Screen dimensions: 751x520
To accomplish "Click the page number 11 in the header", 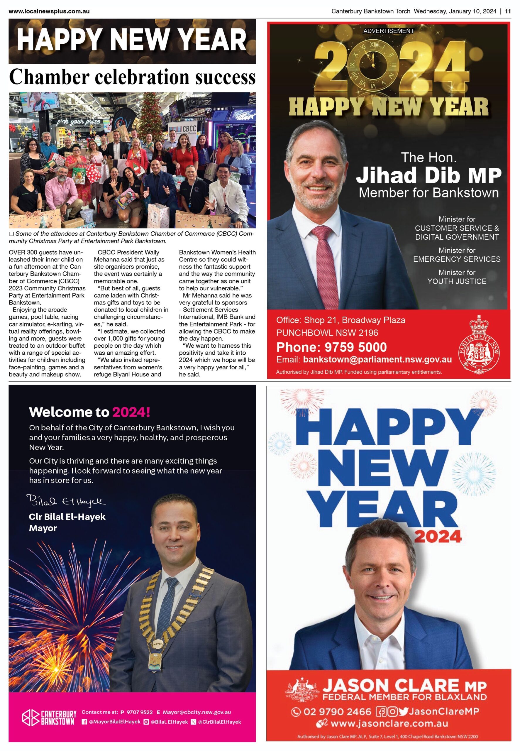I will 508,11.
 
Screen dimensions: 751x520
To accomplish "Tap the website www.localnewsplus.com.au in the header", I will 49,11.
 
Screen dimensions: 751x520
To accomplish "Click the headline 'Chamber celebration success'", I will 132,77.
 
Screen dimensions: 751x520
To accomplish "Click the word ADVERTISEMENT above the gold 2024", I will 388,31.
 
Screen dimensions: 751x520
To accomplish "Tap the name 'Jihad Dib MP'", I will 428,175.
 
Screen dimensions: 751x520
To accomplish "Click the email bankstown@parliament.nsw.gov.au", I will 377,359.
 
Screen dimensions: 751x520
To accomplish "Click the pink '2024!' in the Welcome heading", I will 131,412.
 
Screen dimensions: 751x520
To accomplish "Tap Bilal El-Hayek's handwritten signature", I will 66,501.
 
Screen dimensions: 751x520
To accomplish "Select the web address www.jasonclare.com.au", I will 389,724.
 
